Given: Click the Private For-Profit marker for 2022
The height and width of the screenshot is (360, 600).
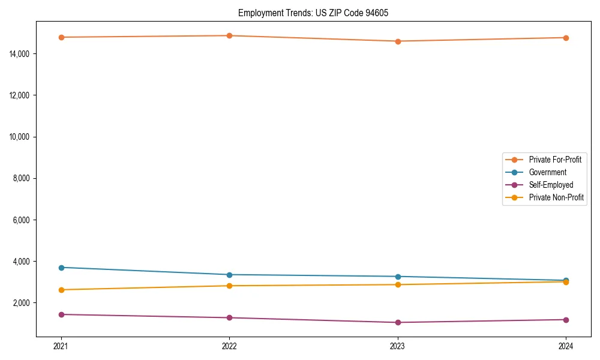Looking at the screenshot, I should coord(229,35).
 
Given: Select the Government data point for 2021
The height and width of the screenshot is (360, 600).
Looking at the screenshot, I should coord(61,268).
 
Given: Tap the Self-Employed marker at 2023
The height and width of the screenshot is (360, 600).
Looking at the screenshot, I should coord(398,322).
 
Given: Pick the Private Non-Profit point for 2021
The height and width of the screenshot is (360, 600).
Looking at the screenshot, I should coord(61,290).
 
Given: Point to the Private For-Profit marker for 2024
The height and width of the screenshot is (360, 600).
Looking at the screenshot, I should coord(566,38).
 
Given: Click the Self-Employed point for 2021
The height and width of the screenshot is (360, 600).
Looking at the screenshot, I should coord(61,314).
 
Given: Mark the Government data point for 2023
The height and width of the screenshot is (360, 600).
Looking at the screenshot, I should coord(398,277).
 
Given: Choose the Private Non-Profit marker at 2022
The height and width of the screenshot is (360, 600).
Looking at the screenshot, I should coord(229,286).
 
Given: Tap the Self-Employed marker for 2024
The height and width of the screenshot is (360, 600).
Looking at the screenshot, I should coord(566,320).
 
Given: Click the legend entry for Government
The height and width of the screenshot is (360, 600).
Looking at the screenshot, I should coord(547,172).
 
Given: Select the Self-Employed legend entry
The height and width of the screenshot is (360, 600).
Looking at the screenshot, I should coord(551,185).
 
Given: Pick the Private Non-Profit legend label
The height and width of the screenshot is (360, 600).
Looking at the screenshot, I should coord(556,197).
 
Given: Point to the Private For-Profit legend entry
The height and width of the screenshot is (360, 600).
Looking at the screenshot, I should coord(555,160).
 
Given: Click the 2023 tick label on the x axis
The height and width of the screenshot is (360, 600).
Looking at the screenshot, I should coord(398,346).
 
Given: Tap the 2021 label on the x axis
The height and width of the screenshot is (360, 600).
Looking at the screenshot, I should coord(61,346).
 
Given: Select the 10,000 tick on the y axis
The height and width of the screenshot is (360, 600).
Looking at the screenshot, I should coord(20,137).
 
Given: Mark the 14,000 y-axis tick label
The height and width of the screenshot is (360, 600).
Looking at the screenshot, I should coord(20,54).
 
